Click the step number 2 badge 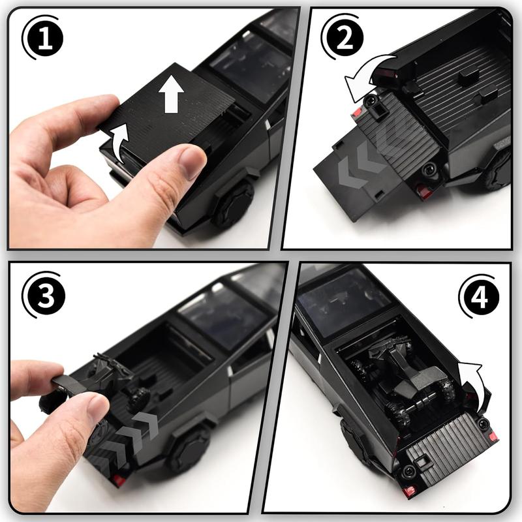pyautogui.click(x=343, y=37)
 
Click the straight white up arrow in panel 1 pyautogui.click(x=171, y=93)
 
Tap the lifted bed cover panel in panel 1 pyautogui.click(x=157, y=106)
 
